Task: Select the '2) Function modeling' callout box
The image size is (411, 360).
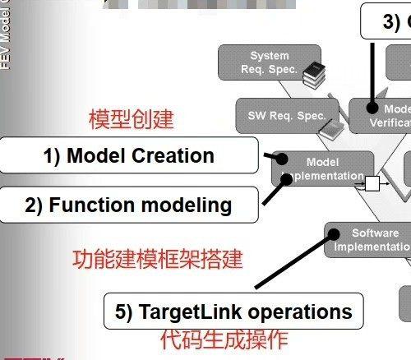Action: coord(127,205)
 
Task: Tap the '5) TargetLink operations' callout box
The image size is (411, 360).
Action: coord(233,312)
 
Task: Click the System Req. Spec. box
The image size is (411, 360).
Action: coord(270,62)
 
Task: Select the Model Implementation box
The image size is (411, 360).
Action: coord(321,168)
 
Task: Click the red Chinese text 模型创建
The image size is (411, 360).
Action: coord(132,119)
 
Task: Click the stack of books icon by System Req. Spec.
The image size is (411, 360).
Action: coord(312,76)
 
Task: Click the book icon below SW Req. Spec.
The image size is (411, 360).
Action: coord(329,129)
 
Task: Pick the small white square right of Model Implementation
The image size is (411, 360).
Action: coord(372,183)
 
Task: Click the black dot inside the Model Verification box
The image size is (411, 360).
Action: coord(372,108)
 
